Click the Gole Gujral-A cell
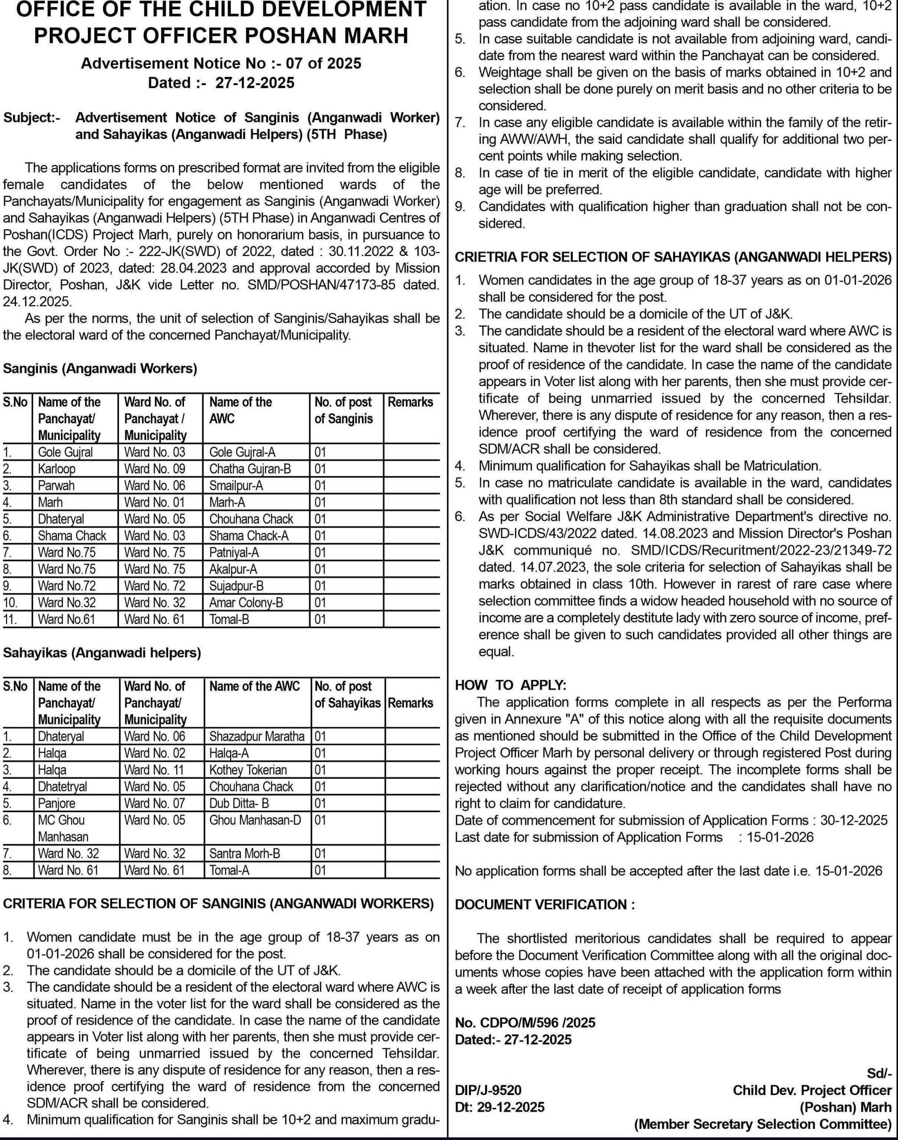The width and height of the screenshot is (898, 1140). [x=242, y=452]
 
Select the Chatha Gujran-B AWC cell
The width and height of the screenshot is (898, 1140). [x=250, y=469]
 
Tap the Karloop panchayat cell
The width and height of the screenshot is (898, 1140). [x=57, y=469]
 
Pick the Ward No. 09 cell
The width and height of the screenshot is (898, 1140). [x=155, y=469]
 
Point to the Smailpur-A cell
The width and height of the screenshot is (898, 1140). [x=236, y=486]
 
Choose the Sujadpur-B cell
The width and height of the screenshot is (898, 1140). [x=237, y=586]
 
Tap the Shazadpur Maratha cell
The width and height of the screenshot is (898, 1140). [x=257, y=737]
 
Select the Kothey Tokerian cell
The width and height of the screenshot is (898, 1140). [x=248, y=770]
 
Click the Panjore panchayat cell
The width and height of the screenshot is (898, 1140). [x=57, y=804]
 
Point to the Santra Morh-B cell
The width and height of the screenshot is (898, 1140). [x=245, y=854]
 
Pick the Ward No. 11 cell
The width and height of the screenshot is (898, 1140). [x=155, y=770]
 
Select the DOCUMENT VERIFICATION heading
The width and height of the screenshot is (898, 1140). [x=545, y=904]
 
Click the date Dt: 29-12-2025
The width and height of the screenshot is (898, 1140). [x=499, y=1107]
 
